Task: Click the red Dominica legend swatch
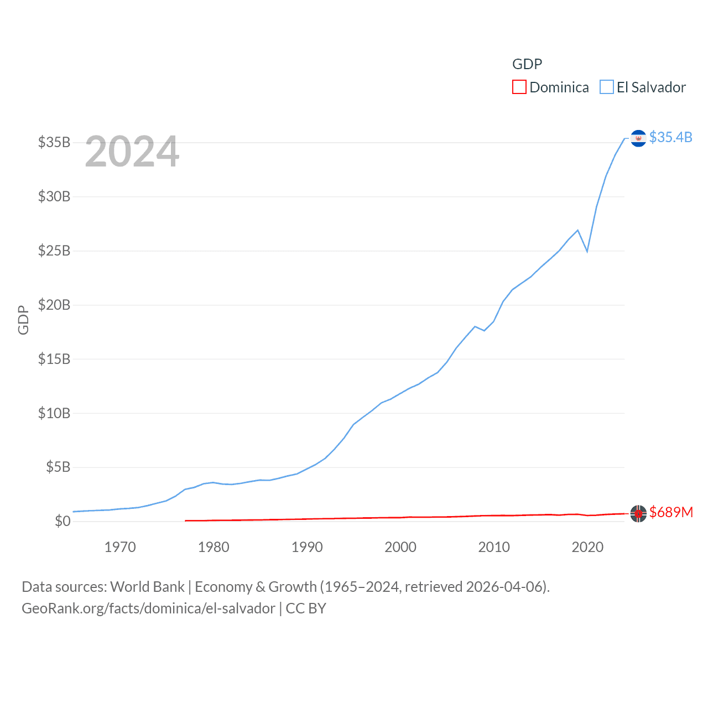pos(519,87)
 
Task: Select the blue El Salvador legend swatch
pos(607,87)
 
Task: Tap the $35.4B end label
pos(670,137)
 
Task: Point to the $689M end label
pos(671,512)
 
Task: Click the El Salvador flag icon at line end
pos(638,138)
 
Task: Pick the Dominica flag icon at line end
pos(638,513)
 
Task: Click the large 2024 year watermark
pos(132,152)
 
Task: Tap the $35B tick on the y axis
pos(54,142)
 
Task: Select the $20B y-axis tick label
pos(54,305)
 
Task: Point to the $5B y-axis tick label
pos(58,467)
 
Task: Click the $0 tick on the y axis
pos(63,521)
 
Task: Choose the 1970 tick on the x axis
pos(120,547)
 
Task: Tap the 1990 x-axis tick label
pos(307,547)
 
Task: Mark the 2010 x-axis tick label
pos(494,547)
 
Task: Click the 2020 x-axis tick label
pos(587,547)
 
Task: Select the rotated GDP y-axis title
pos(23,320)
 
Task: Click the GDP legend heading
pos(527,64)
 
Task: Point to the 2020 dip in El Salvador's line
pos(587,251)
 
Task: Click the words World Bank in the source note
pos(148,586)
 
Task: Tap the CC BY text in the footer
pos(306,608)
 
